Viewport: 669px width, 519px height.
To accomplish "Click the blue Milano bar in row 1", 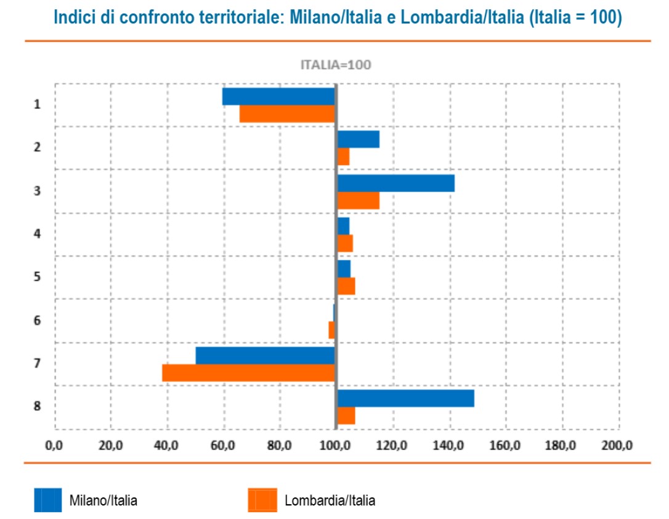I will pos(278,97).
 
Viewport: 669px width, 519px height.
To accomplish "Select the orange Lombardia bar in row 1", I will pos(287,114).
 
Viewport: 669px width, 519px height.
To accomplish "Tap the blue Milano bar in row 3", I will pos(396,183).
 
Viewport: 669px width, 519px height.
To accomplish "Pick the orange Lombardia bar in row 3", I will pos(359,201).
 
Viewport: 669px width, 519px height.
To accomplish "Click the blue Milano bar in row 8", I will pos(406,398).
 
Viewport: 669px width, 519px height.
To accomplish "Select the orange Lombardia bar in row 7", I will pos(249,373).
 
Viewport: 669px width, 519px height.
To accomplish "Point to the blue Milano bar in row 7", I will pos(266,356).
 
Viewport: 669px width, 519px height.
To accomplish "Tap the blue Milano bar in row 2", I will pos(359,140).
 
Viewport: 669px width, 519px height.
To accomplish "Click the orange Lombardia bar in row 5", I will pos(346,286).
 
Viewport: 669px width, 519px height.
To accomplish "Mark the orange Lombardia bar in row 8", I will pos(346,416).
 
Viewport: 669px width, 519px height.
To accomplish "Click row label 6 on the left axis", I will pos(37,320).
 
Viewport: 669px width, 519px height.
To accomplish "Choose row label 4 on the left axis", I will pos(37,234).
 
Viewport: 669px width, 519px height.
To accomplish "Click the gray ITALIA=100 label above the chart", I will pos(335,65).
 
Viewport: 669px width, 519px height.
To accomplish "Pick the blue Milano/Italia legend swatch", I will pos(47,500).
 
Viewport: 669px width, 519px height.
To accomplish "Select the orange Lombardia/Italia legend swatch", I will pos(262,500).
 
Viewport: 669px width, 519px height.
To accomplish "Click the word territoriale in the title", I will pos(230,17).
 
